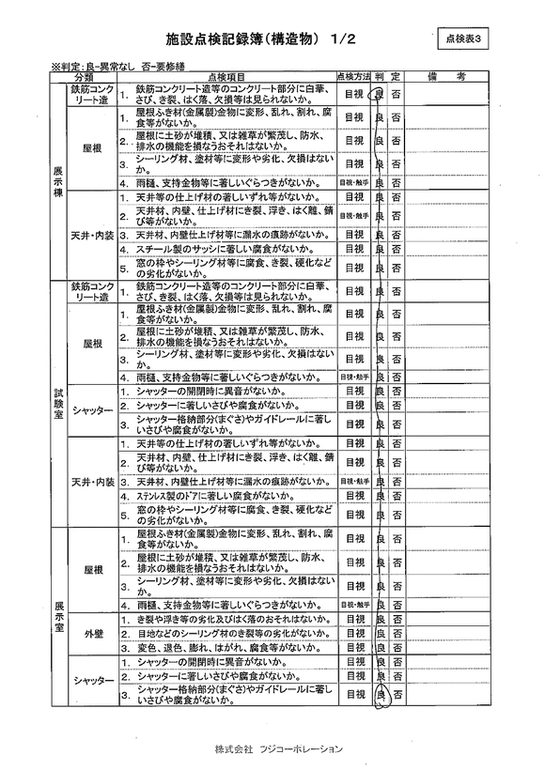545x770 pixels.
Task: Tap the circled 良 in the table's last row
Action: (380, 694)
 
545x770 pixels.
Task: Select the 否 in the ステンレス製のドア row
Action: (397, 495)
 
